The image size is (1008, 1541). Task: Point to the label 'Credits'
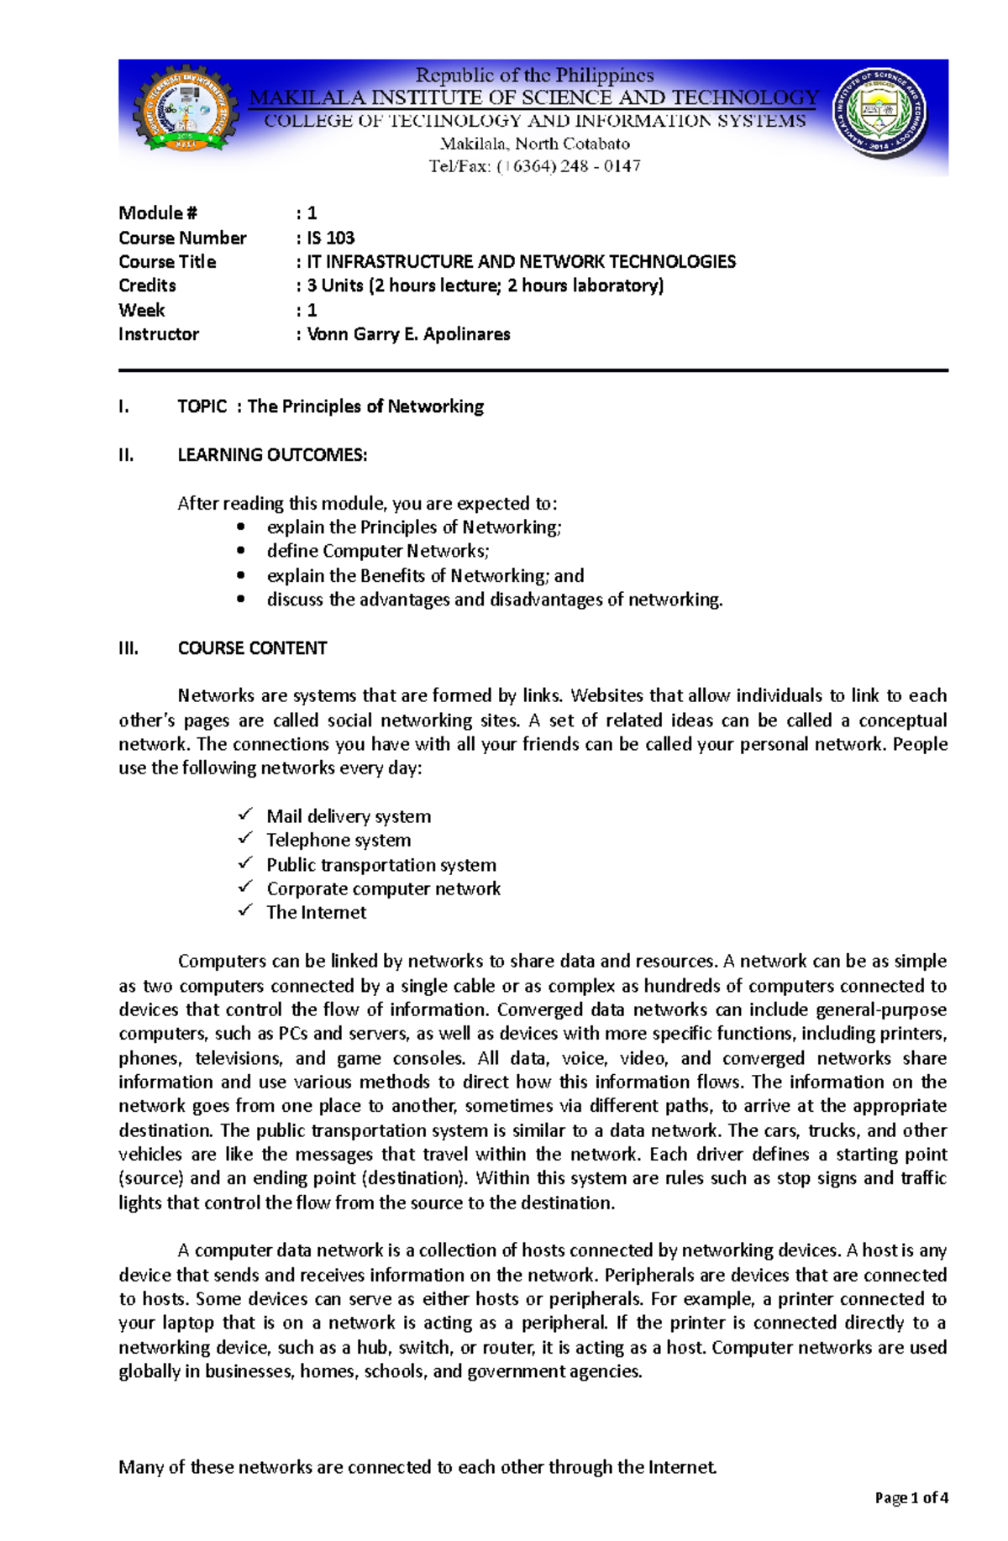click(x=147, y=286)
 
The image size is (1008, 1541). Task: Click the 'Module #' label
click(x=158, y=213)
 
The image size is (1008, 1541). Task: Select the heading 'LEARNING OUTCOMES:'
click(x=272, y=455)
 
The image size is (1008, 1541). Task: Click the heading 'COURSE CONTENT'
click(x=252, y=648)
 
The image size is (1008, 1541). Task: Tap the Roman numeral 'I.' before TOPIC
click(x=124, y=407)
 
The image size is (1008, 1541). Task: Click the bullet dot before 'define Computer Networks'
click(x=242, y=551)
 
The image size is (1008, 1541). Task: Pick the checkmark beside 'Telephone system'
click(x=245, y=838)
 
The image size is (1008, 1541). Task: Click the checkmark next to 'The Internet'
click(x=245, y=910)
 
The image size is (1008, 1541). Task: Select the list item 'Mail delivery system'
click(x=349, y=816)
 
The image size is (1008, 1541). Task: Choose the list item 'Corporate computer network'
click(x=383, y=888)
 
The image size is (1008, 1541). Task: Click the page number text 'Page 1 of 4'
click(x=911, y=1497)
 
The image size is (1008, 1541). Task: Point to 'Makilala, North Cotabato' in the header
click(x=535, y=144)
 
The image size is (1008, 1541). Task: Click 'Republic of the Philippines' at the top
click(x=534, y=76)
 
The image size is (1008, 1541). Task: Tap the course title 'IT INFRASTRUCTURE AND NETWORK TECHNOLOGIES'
click(x=521, y=262)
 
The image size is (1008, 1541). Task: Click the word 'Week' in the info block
click(x=142, y=310)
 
